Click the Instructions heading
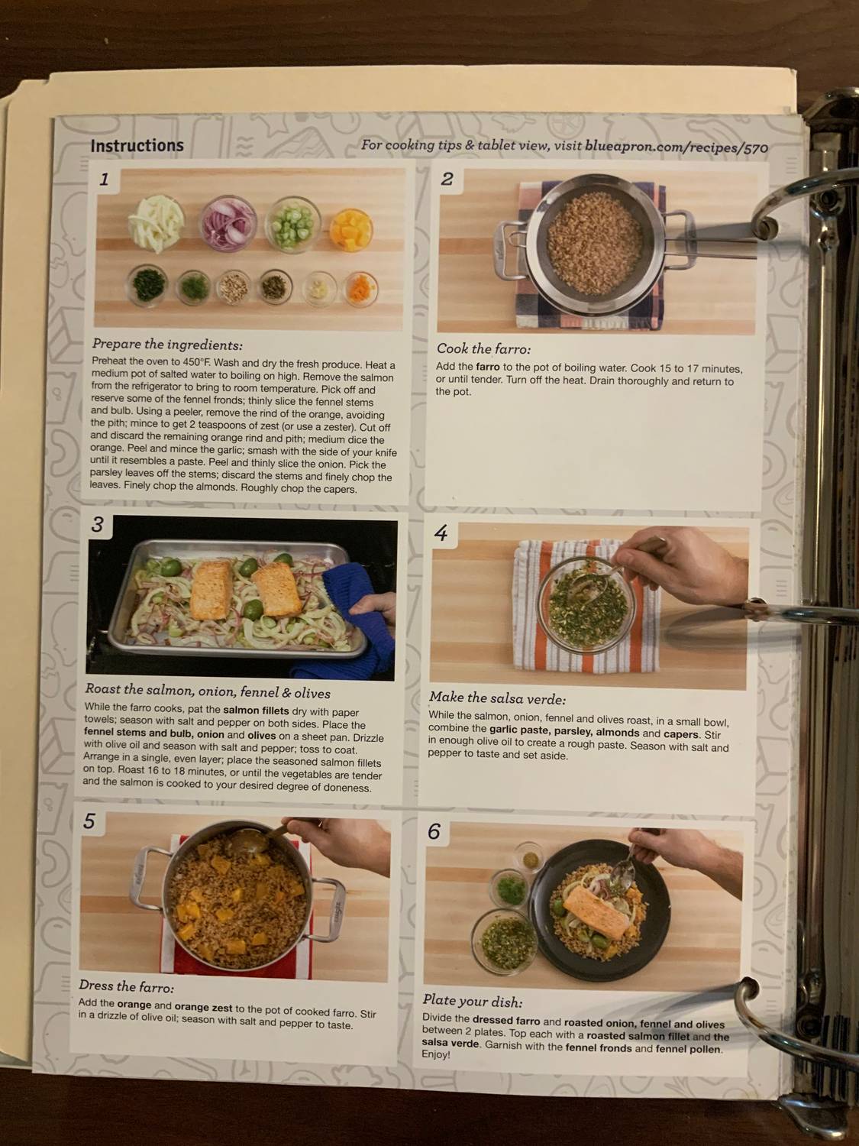point(137,145)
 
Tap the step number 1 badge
point(105,180)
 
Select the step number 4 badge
point(441,533)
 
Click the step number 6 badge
point(434,831)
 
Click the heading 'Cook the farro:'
point(483,349)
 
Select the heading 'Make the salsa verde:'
point(497,698)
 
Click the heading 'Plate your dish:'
point(473,1001)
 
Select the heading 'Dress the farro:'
point(126,987)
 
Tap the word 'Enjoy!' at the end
point(436,1055)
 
